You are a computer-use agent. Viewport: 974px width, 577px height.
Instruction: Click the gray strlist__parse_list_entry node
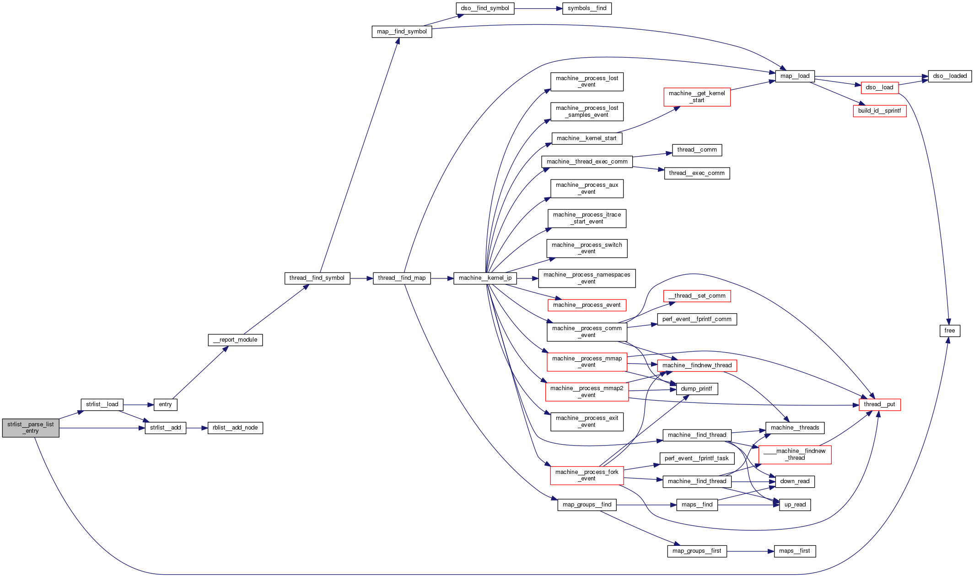pyautogui.click(x=31, y=428)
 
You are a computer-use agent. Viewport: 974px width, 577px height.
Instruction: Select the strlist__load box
pyautogui.click(x=102, y=404)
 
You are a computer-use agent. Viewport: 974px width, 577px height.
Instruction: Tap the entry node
pyautogui.click(x=165, y=404)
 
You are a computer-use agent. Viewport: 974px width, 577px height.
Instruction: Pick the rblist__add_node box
pyautogui.click(x=235, y=428)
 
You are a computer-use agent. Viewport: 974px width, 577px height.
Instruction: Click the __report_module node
pyautogui.click(x=235, y=340)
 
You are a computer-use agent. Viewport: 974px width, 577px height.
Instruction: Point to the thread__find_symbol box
pyautogui.click(x=317, y=278)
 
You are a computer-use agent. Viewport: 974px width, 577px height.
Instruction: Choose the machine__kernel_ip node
pyautogui.click(x=485, y=278)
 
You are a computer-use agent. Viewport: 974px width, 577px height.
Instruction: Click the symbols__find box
pyautogui.click(x=587, y=8)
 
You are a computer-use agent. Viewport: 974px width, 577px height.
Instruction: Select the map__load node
pyautogui.click(x=795, y=76)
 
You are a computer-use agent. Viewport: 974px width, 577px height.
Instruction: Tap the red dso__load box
pyautogui.click(x=879, y=87)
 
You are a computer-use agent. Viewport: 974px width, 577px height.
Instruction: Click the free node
pyautogui.click(x=950, y=331)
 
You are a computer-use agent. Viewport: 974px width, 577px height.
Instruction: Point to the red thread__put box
pyautogui.click(x=879, y=404)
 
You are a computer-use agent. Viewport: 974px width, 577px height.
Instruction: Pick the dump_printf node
pyautogui.click(x=696, y=389)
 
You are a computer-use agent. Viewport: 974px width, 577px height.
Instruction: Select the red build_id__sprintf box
pyautogui.click(x=879, y=111)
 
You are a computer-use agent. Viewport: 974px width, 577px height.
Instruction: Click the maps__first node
pyautogui.click(x=794, y=551)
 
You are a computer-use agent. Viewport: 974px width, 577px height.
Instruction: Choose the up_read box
pyautogui.click(x=795, y=505)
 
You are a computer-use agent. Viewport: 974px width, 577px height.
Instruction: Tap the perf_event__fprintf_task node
pyautogui.click(x=697, y=458)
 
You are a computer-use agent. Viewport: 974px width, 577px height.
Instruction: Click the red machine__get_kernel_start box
pyautogui.click(x=697, y=97)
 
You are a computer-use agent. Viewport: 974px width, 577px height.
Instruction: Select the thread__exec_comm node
pyautogui.click(x=697, y=173)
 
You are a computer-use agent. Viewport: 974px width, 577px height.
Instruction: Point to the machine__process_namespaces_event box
pyautogui.click(x=587, y=278)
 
